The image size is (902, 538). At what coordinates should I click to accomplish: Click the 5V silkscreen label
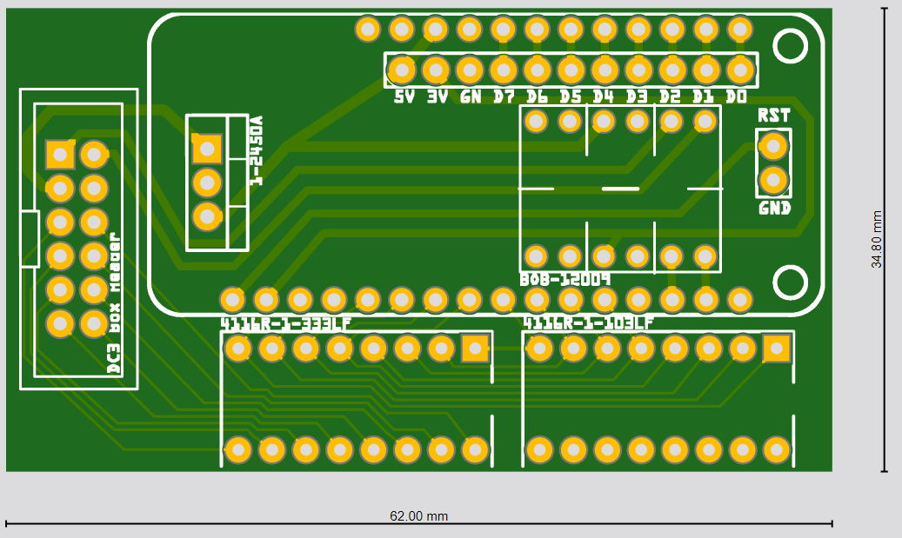click(404, 96)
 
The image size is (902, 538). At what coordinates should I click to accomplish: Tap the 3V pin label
click(437, 96)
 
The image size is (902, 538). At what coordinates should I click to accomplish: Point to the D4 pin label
click(604, 96)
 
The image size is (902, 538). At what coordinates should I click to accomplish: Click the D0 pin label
click(736, 96)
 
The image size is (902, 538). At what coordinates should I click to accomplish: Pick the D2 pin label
click(670, 96)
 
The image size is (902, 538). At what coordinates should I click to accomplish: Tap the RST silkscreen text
click(773, 116)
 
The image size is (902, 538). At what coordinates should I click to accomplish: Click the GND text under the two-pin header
click(774, 209)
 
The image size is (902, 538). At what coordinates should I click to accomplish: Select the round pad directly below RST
click(772, 146)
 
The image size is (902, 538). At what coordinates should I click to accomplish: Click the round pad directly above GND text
click(772, 180)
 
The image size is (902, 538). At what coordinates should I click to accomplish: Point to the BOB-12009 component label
click(565, 280)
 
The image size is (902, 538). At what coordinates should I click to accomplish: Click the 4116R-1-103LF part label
click(588, 323)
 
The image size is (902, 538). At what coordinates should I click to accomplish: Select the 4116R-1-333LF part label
click(286, 323)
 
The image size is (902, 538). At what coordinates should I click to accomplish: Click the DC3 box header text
click(113, 303)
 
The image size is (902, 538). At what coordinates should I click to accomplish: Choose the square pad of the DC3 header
click(60, 155)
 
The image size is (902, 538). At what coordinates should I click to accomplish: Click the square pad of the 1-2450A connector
click(207, 149)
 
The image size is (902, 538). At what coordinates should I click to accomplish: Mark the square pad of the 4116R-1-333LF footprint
click(475, 349)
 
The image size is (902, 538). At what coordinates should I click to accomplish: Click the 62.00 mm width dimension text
click(418, 515)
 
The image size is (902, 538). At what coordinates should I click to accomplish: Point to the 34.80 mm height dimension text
click(877, 239)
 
